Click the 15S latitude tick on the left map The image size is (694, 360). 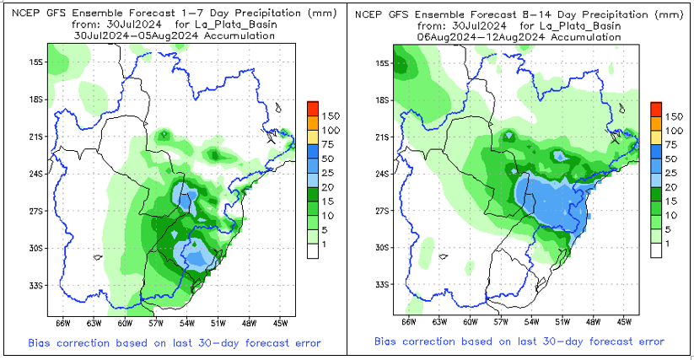tap(37, 62)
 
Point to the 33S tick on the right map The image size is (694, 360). tap(381, 285)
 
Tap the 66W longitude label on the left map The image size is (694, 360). tap(62, 321)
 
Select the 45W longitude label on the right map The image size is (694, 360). tap(625, 321)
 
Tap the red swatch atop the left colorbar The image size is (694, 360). tap(313, 108)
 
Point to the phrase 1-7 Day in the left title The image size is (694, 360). tap(195, 13)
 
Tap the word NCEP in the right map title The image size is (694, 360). tap(368, 13)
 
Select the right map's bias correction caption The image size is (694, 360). tap(519, 343)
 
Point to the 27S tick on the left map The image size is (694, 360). tap(37, 211)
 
